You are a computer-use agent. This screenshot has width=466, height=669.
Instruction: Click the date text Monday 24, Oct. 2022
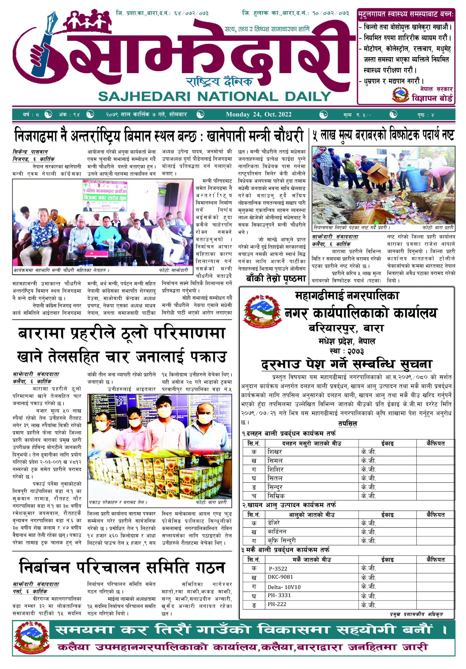tap(259, 114)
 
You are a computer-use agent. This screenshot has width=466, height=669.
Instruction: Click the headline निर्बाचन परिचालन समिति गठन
tap(122, 567)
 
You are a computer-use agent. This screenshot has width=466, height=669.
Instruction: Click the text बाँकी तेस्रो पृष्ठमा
tap(276, 279)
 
